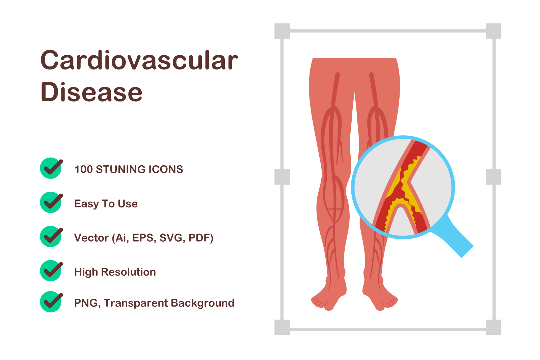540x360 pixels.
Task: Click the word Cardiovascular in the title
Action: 139,60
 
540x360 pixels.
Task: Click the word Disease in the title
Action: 91,92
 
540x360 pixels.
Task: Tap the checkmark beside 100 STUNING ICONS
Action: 51,168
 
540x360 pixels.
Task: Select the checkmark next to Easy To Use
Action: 51,202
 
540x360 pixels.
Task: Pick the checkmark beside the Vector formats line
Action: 51,237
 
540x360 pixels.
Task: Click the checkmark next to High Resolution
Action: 51,271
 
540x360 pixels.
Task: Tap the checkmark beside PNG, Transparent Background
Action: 51,302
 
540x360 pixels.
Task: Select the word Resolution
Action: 129,272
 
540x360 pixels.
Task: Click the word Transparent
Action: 136,303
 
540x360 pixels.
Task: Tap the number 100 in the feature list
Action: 83,169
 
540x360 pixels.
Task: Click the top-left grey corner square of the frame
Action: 282,31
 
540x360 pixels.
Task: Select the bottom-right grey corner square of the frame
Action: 493,327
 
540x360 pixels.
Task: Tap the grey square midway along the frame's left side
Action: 282,177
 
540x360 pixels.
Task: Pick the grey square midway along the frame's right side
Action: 493,177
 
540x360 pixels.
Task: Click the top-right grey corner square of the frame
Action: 493,31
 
